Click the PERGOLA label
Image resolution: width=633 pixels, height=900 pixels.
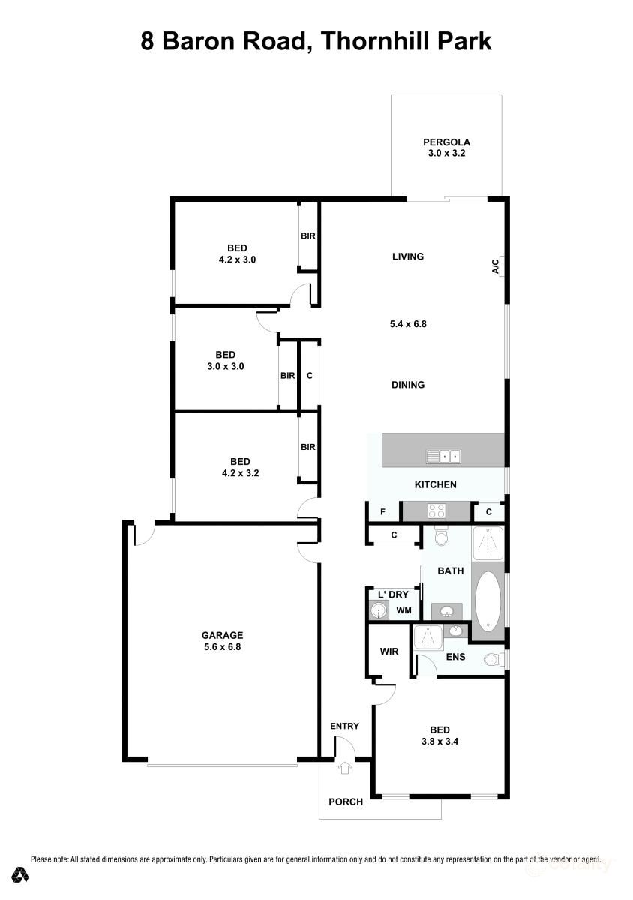pyautogui.click(x=446, y=142)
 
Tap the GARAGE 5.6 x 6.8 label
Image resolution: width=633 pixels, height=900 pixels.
pyautogui.click(x=222, y=640)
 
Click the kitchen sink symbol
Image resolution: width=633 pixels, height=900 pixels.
pyautogui.click(x=443, y=457)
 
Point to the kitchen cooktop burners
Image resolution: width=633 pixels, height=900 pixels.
pyautogui.click(x=436, y=511)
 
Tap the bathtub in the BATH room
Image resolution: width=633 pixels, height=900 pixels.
pyautogui.click(x=487, y=600)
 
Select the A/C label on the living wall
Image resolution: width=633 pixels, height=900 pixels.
pyautogui.click(x=495, y=266)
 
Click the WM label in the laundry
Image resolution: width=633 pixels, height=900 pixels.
pyautogui.click(x=404, y=610)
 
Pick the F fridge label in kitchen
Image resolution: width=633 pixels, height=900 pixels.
pyautogui.click(x=382, y=511)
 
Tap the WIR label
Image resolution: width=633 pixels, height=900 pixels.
pyautogui.click(x=389, y=651)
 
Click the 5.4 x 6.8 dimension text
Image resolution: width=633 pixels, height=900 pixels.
pyautogui.click(x=408, y=323)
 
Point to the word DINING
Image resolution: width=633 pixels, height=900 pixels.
pyautogui.click(x=408, y=385)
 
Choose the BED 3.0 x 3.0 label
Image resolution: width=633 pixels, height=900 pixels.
pyautogui.click(x=226, y=361)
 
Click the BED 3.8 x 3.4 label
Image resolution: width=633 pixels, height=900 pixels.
pyautogui.click(x=439, y=736)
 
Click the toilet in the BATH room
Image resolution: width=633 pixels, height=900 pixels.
pyautogui.click(x=440, y=537)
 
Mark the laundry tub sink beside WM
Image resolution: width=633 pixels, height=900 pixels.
pyautogui.click(x=379, y=611)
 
